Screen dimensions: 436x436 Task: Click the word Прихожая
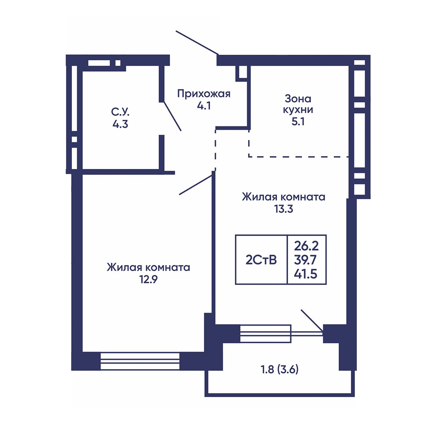(203, 94)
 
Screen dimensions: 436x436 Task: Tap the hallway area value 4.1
(203, 106)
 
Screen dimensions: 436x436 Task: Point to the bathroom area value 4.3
(120, 124)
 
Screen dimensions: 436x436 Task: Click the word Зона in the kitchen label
(298, 99)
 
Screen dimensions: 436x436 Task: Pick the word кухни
(298, 110)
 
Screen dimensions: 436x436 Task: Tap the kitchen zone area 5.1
(298, 122)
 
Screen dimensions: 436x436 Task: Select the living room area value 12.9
(148, 280)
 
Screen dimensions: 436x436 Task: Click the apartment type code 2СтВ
(261, 260)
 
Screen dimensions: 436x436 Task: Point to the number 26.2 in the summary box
(306, 246)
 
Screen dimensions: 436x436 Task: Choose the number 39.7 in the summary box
(305, 260)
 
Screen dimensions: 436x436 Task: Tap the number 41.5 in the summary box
(306, 274)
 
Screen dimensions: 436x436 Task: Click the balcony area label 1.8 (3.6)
(280, 370)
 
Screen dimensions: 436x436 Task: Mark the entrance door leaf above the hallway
(197, 43)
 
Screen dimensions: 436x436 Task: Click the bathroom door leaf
(173, 117)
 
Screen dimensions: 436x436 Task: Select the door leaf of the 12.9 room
(195, 185)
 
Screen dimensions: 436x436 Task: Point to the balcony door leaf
(312, 320)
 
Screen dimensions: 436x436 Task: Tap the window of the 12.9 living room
(140, 361)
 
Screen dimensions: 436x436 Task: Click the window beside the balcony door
(265, 334)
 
